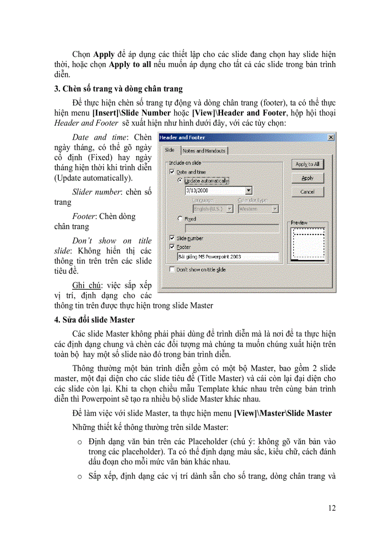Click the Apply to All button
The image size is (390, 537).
click(307, 164)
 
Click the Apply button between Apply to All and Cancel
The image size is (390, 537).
click(307, 178)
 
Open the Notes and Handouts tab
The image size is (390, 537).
click(204, 151)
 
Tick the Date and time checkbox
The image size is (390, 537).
click(172, 172)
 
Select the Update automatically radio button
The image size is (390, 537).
click(180, 181)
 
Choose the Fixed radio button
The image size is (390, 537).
click(180, 219)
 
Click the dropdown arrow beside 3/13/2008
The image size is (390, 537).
click(249, 190)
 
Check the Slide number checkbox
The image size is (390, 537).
click(172, 238)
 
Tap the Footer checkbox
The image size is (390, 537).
click(172, 247)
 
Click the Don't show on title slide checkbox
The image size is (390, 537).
click(172, 270)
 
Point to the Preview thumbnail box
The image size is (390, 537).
click(308, 244)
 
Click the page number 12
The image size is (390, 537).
click(331, 508)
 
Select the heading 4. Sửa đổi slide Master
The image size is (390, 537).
click(95, 320)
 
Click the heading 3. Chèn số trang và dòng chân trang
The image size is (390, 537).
click(119, 89)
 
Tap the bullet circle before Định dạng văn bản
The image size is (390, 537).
click(80, 442)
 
